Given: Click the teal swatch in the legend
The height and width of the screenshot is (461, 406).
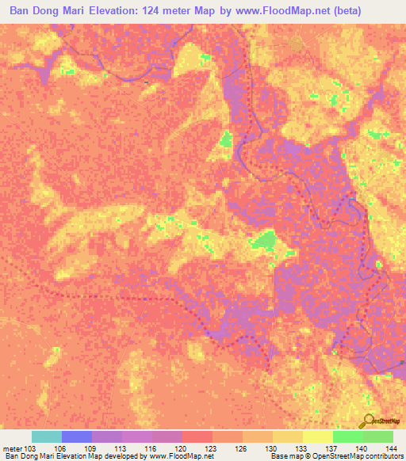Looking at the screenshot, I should pos(47,436).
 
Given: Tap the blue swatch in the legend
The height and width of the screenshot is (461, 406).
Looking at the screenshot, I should pos(77,436).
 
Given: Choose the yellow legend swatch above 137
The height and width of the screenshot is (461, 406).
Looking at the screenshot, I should pos(317,436).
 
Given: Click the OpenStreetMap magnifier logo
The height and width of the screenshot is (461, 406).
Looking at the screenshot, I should pos(370,422).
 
